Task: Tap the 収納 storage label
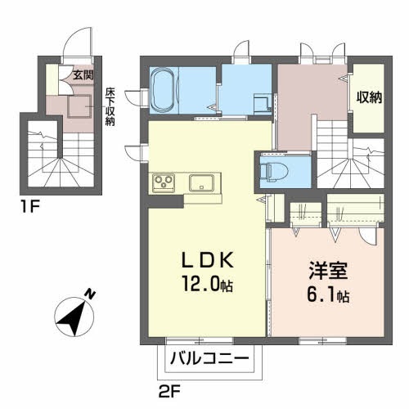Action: [367, 97]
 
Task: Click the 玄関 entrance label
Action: [83, 74]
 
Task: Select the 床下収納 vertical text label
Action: [109, 105]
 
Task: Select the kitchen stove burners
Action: [162, 182]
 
